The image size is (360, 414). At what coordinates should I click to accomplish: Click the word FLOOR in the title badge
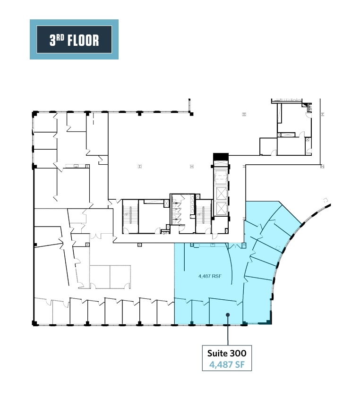coord(84,40)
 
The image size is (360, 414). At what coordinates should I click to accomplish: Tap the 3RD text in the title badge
coord(57,40)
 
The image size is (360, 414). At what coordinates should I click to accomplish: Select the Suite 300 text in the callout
coord(227,353)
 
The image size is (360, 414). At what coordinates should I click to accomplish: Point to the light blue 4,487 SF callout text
coord(227,364)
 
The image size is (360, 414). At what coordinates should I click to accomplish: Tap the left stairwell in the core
coord(129,216)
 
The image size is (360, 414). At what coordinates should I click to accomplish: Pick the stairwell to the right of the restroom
coord(204,216)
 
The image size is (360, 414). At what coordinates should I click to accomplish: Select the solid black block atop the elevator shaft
coord(221,157)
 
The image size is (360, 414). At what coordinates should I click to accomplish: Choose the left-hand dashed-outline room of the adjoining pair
coord(100,276)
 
